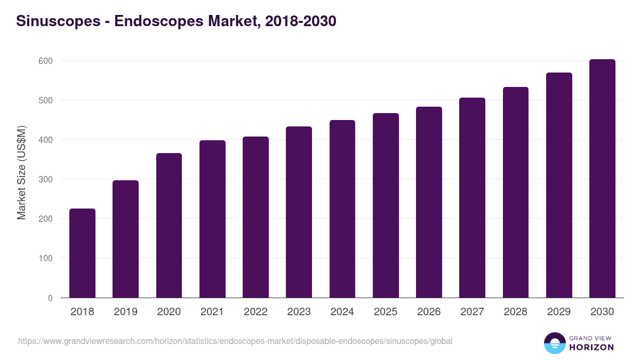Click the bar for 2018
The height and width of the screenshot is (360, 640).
pyautogui.click(x=82, y=253)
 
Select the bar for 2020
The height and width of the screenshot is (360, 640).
pyautogui.click(x=169, y=226)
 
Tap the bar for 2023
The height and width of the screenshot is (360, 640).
pyautogui.click(x=299, y=212)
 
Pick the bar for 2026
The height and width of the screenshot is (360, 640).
pyautogui.click(x=429, y=203)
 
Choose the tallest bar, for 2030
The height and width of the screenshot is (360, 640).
pyautogui.click(x=602, y=179)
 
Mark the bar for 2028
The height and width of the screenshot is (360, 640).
pyautogui.click(x=516, y=193)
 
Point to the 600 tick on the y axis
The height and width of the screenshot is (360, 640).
pyautogui.click(x=46, y=61)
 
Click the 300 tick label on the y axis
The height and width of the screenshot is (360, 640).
pyautogui.click(x=46, y=179)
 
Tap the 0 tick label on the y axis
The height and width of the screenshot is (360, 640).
pyautogui.click(x=50, y=298)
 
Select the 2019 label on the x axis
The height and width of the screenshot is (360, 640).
pyautogui.click(x=125, y=312)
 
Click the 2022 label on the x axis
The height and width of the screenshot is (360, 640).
pyautogui.click(x=255, y=312)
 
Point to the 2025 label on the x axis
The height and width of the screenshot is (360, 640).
pyautogui.click(x=386, y=312)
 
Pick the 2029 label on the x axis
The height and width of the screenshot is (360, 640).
pyautogui.click(x=559, y=312)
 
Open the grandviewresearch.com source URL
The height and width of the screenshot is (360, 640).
pyautogui.click(x=235, y=341)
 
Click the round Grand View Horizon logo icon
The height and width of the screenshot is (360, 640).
pyautogui.click(x=554, y=343)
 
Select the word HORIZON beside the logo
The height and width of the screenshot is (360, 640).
pyautogui.click(x=592, y=347)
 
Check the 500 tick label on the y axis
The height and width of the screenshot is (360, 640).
pyautogui.click(x=46, y=100)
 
